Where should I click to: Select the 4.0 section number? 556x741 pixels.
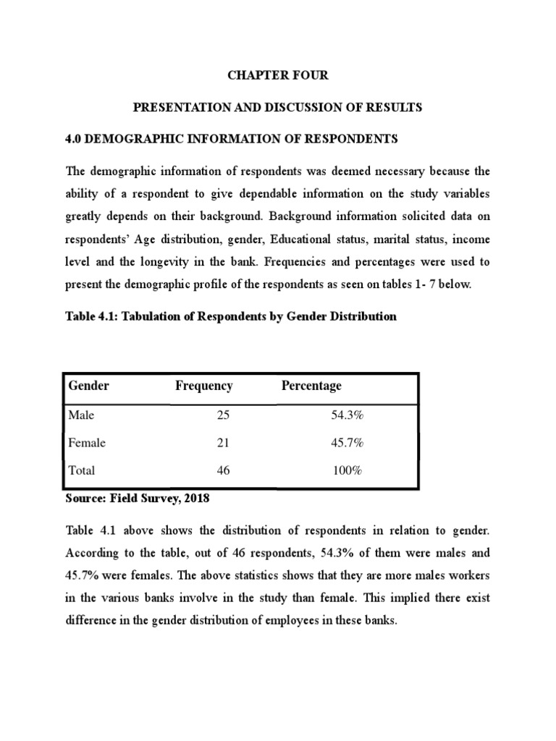pyautogui.click(x=75, y=137)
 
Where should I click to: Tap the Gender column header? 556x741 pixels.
pyautogui.click(x=88, y=386)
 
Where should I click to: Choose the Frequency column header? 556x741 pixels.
pyautogui.click(x=203, y=386)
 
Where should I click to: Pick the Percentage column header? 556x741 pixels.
pyautogui.click(x=311, y=386)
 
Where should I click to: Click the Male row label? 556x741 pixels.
pyautogui.click(x=81, y=415)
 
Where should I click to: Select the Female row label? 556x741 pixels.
pyautogui.click(x=86, y=443)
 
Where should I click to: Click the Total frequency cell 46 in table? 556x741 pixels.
pyautogui.click(x=224, y=470)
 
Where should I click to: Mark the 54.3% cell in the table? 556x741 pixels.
pyautogui.click(x=345, y=415)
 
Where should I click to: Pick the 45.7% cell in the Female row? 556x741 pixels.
pyautogui.click(x=345, y=443)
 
